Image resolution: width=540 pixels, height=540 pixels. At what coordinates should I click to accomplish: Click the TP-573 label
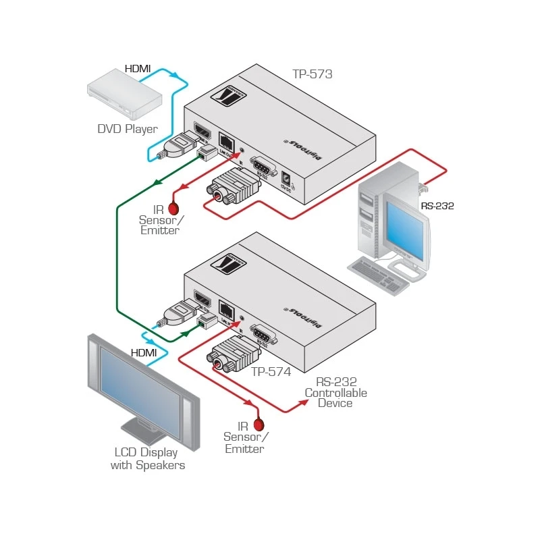coord(312,74)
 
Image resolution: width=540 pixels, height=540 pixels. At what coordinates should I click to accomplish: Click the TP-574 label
coord(271,371)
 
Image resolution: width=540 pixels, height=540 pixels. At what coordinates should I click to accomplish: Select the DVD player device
coord(124,94)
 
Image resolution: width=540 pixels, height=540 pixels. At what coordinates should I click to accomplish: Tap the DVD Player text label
coord(128,129)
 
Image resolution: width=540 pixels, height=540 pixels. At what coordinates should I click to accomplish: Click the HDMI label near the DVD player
coord(138,69)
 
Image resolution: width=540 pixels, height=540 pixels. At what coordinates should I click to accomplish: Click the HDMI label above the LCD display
coord(144,352)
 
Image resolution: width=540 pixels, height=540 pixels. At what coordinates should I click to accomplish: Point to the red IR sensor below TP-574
coord(258,425)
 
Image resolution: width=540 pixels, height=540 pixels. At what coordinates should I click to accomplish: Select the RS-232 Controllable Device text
coord(335,392)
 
